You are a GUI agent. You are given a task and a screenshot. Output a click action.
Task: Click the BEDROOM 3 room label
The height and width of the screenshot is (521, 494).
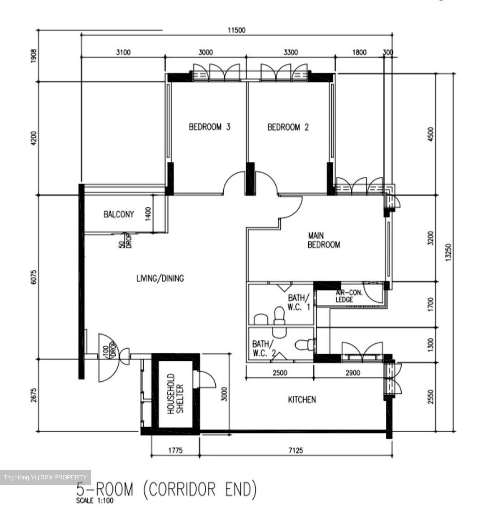[x=210, y=127]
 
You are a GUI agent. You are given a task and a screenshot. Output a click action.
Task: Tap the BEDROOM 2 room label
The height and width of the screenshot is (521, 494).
[x=288, y=127]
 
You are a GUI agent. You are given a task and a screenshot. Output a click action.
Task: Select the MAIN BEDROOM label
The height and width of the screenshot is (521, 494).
[x=324, y=240]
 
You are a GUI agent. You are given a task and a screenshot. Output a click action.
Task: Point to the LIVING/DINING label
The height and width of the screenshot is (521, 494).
[x=160, y=278]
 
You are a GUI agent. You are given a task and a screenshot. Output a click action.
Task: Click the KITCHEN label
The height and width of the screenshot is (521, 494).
[x=302, y=399]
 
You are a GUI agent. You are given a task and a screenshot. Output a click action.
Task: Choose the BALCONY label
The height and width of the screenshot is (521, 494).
[x=119, y=214]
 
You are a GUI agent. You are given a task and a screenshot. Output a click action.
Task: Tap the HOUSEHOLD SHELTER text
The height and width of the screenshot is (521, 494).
[x=176, y=394]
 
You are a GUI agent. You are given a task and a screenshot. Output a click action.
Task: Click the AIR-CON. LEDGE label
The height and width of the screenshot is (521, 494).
[x=348, y=296]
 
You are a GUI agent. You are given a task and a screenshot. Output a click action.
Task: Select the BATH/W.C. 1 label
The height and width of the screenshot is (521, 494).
[x=299, y=302]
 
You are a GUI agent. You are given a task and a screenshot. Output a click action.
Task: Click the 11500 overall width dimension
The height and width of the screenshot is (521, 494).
[x=236, y=30]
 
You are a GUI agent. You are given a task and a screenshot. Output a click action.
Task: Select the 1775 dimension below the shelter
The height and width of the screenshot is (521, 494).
[x=175, y=450]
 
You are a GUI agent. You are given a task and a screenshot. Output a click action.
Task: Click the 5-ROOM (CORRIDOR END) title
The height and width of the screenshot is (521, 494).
[x=166, y=489]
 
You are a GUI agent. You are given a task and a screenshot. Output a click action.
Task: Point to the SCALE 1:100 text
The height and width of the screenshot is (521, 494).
[x=95, y=501]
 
